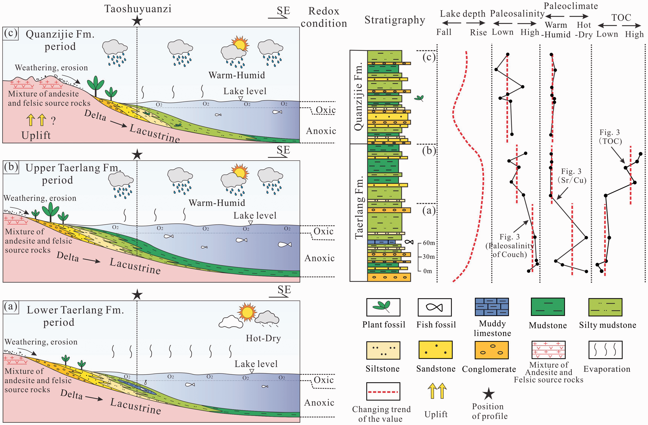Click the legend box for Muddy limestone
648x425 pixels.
point(492,307)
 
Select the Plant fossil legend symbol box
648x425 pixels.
point(383,307)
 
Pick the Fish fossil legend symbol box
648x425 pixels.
point(435,307)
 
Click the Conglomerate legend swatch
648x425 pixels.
point(492,350)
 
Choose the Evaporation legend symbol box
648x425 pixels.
point(605,350)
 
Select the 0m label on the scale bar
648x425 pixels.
point(427,271)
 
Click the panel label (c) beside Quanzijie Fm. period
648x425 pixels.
point(11,33)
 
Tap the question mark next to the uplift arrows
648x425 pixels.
point(53,120)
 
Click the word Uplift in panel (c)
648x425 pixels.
point(36,135)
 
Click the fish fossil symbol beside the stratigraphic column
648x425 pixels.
point(409,242)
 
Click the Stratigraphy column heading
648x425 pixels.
point(395,20)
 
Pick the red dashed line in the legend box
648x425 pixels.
point(383,392)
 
